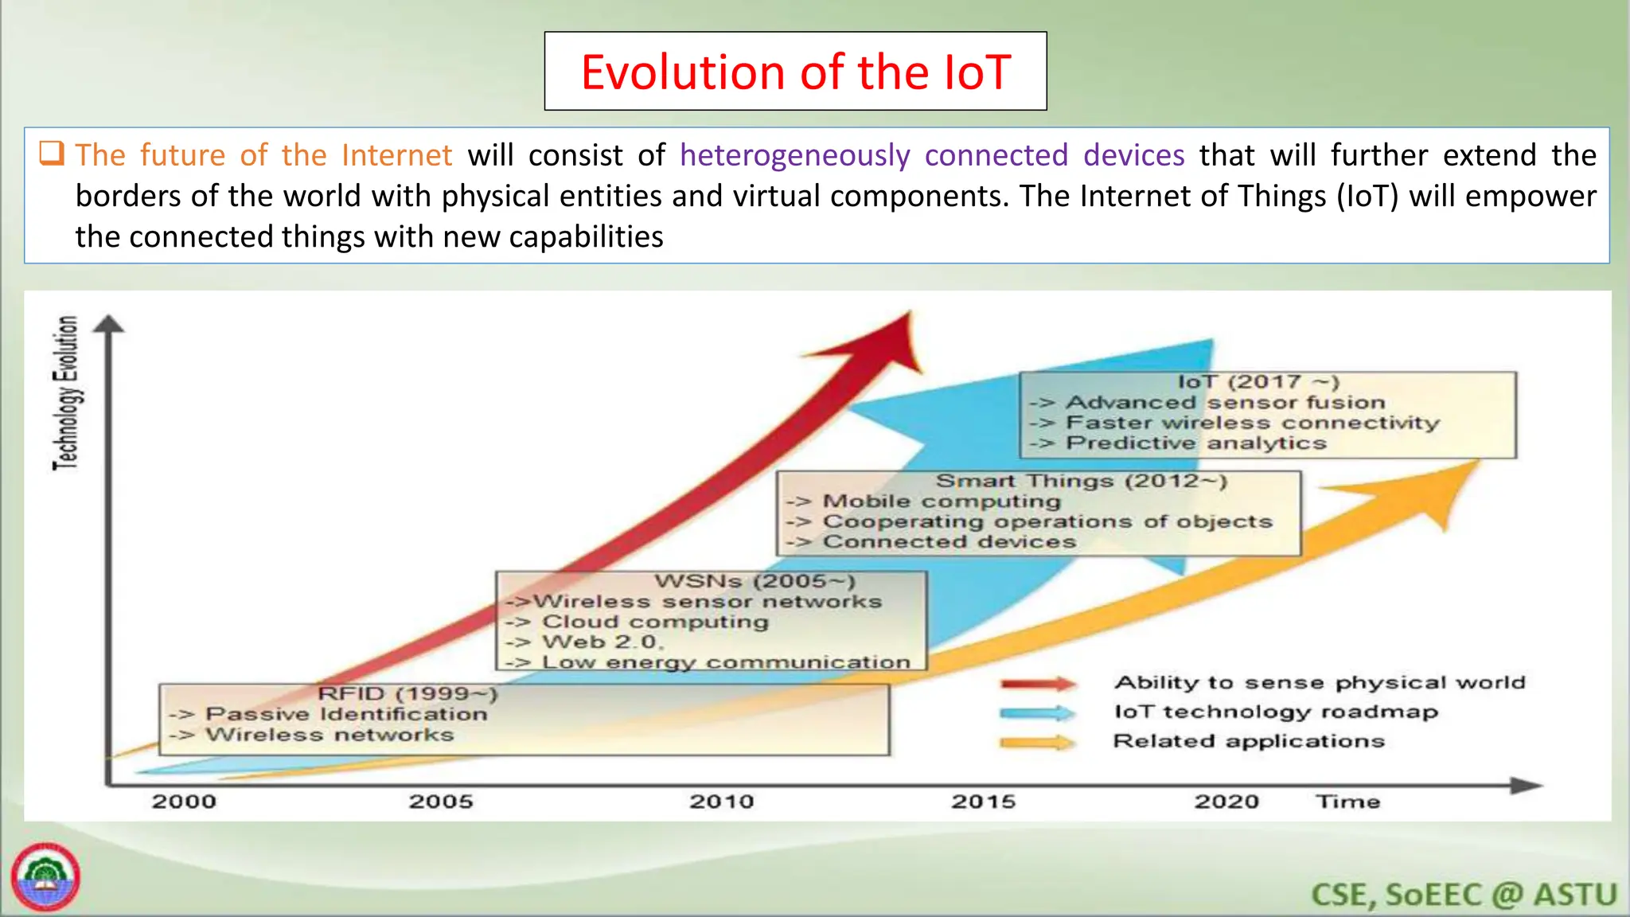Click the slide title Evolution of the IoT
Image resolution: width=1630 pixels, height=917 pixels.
pyautogui.click(x=795, y=72)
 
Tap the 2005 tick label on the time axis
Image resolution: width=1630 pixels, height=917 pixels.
pyautogui.click(x=441, y=801)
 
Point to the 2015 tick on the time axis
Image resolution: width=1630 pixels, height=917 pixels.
pyautogui.click(x=984, y=801)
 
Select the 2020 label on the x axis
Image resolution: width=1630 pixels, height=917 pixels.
pyautogui.click(x=1226, y=801)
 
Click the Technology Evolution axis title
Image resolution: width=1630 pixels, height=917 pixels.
pyautogui.click(x=66, y=393)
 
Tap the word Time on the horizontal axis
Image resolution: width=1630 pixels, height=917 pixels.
pyautogui.click(x=1347, y=801)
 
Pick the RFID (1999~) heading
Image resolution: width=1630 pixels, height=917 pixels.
pyautogui.click(x=407, y=694)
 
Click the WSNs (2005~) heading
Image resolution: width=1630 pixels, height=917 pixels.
pyautogui.click(x=755, y=582)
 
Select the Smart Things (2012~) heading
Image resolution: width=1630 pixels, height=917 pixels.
pyautogui.click(x=1081, y=481)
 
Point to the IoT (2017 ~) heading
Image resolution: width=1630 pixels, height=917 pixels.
pyautogui.click(x=1258, y=383)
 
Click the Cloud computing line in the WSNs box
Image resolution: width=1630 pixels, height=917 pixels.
pyautogui.click(x=654, y=622)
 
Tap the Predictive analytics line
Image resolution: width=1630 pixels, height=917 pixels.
pyautogui.click(x=1195, y=443)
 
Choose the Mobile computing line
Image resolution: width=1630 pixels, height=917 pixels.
pyautogui.click(x=941, y=501)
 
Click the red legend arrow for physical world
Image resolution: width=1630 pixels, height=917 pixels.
pyautogui.click(x=1038, y=684)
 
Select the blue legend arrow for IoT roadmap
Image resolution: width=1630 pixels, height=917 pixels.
pyautogui.click(x=1038, y=712)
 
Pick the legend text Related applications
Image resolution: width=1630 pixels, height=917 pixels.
pyautogui.click(x=1248, y=741)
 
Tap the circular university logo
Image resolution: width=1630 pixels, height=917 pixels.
pyautogui.click(x=45, y=877)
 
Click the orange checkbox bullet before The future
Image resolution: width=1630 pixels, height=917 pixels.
pyautogui.click(x=52, y=152)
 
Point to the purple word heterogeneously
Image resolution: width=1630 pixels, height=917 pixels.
pyautogui.click(x=794, y=155)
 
